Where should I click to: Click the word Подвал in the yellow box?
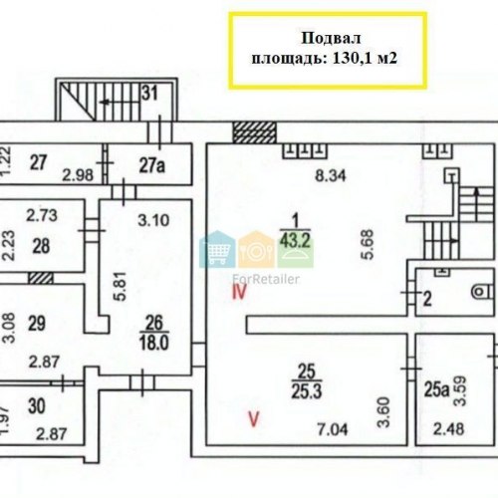[331, 39]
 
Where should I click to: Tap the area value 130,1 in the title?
[350, 59]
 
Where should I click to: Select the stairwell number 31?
[149, 94]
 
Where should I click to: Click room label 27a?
[151, 165]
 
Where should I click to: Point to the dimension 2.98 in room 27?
[78, 175]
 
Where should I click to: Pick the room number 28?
[41, 246]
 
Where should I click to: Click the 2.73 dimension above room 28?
[42, 215]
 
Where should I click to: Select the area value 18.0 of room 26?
[154, 343]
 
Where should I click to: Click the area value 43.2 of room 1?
[295, 240]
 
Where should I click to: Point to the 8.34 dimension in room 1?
[331, 175]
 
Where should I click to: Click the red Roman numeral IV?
[240, 293]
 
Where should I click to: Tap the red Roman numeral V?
[254, 419]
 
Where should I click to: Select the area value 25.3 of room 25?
[307, 391]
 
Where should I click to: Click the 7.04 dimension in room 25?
[333, 430]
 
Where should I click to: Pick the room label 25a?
[436, 390]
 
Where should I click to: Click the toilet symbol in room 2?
[482, 292]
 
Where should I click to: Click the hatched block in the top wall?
[254, 132]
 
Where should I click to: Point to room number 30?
[37, 406]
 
